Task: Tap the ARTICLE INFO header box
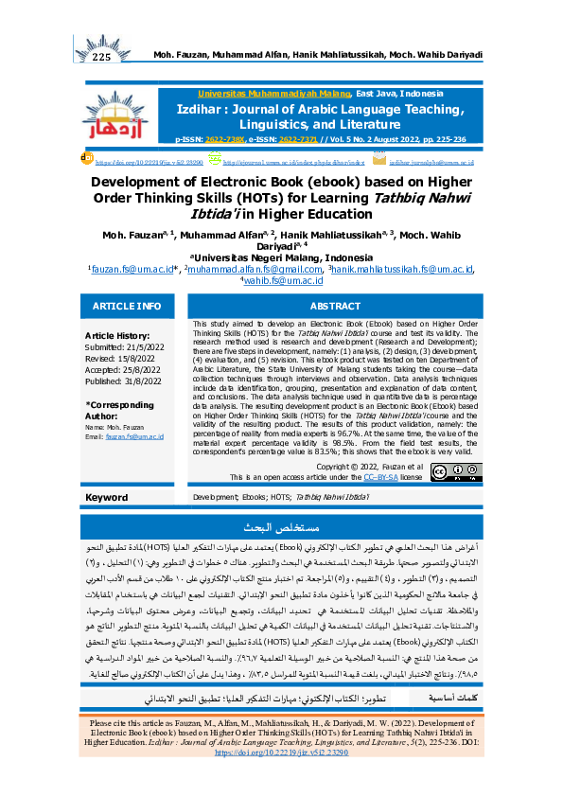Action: pyautogui.click(x=128, y=306)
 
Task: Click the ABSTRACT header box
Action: pyautogui.click(x=336, y=306)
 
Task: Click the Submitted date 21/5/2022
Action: pyautogui.click(x=122, y=345)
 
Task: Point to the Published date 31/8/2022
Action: pyautogui.click(x=121, y=380)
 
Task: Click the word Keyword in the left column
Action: pyautogui.click(x=106, y=496)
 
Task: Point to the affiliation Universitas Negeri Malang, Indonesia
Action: pyautogui.click(x=281, y=257)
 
